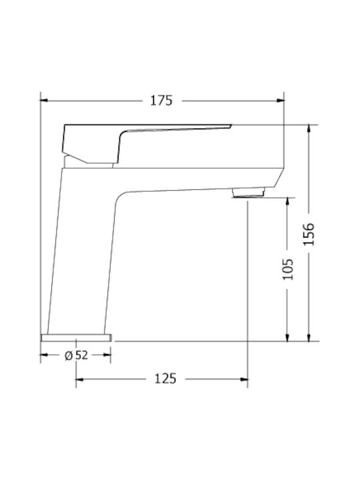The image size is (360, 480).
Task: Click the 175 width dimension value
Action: [161, 101]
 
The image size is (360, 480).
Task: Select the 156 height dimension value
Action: [309, 234]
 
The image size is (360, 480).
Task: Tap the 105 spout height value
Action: [287, 269]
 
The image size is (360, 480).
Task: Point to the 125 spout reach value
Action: [165, 379]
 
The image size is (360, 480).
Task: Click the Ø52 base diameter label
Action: [76, 355]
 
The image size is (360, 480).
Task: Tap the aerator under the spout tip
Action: [248, 193]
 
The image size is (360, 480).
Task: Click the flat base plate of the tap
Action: [76, 337]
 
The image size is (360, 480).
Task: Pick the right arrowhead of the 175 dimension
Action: [281, 101]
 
